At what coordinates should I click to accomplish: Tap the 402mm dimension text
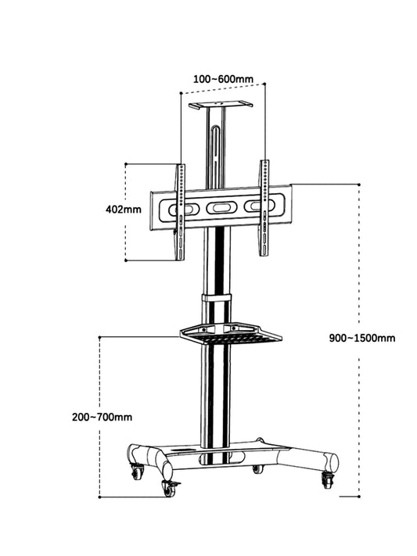pos(123,210)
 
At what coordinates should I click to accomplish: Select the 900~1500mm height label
pos(362,338)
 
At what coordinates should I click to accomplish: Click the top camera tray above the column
pos(221,103)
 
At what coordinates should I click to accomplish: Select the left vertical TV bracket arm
pos(180,211)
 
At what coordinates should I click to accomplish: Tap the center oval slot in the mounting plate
pos(220,209)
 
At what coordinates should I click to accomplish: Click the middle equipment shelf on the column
pos(231,335)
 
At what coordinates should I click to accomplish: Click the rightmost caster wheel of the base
pos(328,480)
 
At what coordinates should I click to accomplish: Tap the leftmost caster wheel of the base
pos(138,472)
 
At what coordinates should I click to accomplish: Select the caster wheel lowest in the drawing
pos(169,488)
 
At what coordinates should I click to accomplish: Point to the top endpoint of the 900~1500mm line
pos(358,185)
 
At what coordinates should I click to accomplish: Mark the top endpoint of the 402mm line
pos(126,164)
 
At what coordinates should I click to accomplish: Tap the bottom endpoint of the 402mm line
pos(126,261)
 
